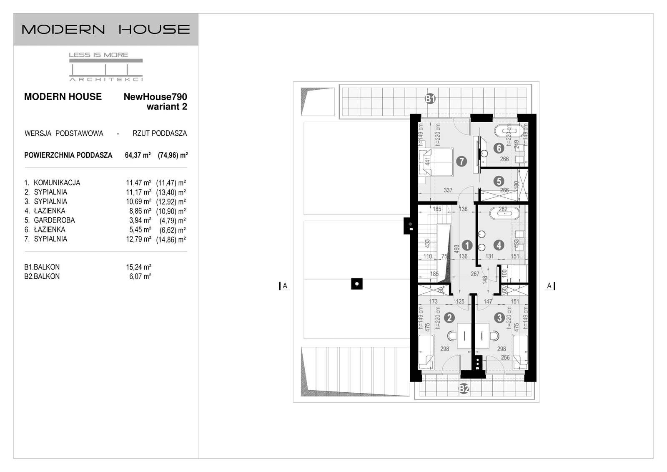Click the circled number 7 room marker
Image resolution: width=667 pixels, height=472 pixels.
pos(461,161)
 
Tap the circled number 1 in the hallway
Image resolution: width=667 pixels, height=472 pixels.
pos(467,245)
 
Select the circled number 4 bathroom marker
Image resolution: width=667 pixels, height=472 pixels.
pos(499,245)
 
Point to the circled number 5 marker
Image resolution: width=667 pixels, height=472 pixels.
pos(499,181)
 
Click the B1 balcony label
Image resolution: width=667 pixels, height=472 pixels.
pos(430,98)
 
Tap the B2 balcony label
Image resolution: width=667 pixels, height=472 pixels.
pos(464,389)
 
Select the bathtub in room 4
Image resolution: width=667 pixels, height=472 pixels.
pos(504,213)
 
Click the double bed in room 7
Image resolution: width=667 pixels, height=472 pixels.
pos(436,162)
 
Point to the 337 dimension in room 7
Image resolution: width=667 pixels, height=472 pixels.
pos(448,190)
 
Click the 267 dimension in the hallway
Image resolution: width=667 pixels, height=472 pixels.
pos(475,274)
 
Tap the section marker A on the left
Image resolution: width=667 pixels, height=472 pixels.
pos(285,286)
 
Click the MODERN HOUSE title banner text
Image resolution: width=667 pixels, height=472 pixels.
pos(105,30)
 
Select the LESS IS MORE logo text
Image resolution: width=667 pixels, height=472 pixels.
pos(98,55)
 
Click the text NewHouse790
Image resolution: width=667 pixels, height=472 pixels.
pos(155,97)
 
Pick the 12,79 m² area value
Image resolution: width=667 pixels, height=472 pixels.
pos(138,239)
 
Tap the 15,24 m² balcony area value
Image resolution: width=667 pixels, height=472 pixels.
pos(138,267)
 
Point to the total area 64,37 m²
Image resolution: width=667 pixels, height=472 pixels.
pos(138,155)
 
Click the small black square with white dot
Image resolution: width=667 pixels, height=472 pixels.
pos(357,284)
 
